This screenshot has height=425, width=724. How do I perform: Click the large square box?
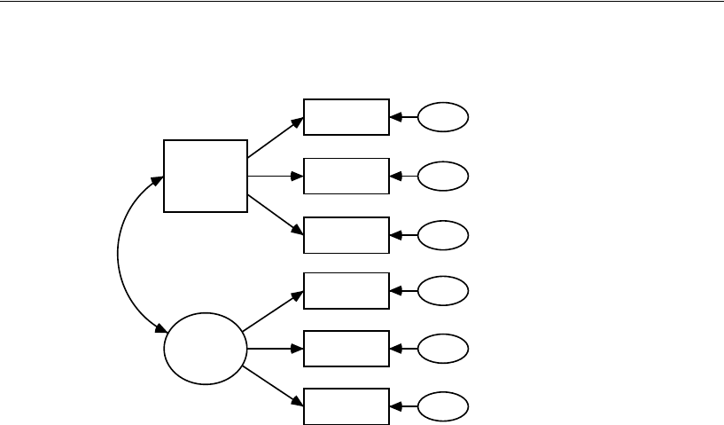(206, 176)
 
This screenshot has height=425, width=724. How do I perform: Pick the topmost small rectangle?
(346, 117)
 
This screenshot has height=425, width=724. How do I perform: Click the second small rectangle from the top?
(346, 176)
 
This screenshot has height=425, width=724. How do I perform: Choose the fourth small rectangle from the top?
(346, 290)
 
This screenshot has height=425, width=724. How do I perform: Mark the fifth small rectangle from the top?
(346, 348)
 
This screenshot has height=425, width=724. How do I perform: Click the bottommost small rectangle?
(346, 406)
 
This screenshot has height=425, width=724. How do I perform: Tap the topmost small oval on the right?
(442, 117)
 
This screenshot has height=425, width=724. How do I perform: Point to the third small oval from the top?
(442, 235)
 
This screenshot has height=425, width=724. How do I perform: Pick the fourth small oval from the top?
(442, 290)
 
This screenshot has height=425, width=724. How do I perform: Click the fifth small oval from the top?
(442, 349)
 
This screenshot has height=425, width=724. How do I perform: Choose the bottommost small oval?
(442, 407)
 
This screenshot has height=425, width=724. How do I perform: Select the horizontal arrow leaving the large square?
(276, 176)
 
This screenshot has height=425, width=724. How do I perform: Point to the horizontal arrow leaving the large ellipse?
(275, 348)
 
